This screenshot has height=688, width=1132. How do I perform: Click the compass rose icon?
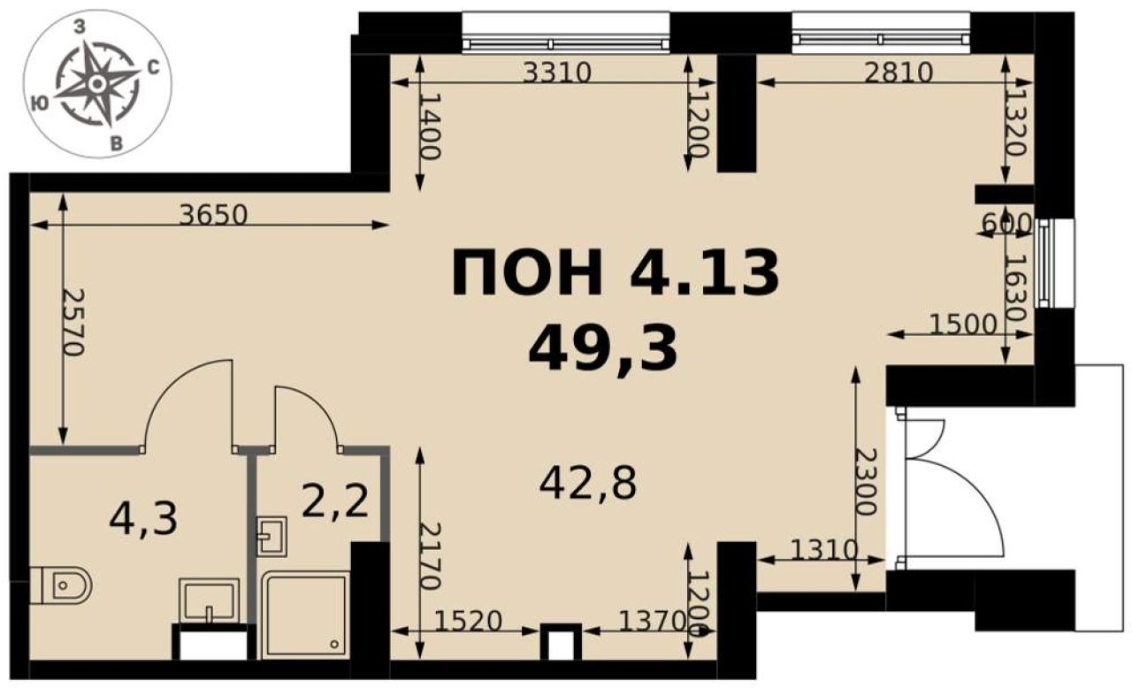click(x=96, y=84)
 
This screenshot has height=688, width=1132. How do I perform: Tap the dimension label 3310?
click(x=557, y=73)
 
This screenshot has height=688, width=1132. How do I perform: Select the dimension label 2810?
click(x=898, y=73)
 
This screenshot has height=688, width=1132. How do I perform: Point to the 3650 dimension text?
click(x=214, y=215)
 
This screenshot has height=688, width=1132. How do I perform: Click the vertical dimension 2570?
click(x=73, y=322)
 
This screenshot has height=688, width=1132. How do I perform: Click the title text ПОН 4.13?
click(x=615, y=272)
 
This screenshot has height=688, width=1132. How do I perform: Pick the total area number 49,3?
click(x=602, y=348)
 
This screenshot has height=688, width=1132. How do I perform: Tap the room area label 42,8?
click(x=588, y=484)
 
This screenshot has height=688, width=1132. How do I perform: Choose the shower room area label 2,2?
click(x=335, y=501)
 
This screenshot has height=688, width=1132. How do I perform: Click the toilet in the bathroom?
click(x=61, y=585)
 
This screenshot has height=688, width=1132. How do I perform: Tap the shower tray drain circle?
click(x=334, y=644)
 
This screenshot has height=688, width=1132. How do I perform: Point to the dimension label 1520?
click(x=469, y=622)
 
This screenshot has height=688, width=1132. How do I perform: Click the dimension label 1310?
click(x=824, y=550)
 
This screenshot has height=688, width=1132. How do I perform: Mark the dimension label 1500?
click(x=963, y=325)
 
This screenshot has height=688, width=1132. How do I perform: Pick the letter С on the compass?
click(x=153, y=67)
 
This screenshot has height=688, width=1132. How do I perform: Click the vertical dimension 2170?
click(x=431, y=556)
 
